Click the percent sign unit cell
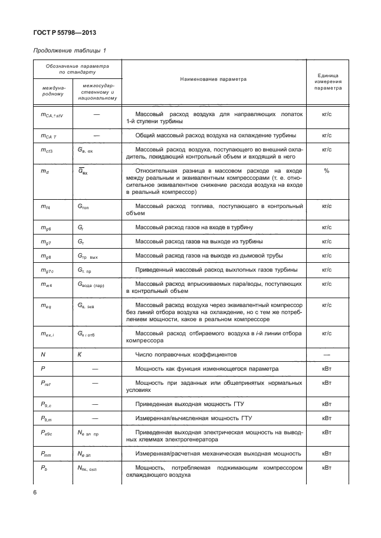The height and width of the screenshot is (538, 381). (326, 170)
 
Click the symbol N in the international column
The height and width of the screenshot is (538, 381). (43, 355)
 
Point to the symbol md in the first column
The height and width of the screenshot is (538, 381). (44, 171)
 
